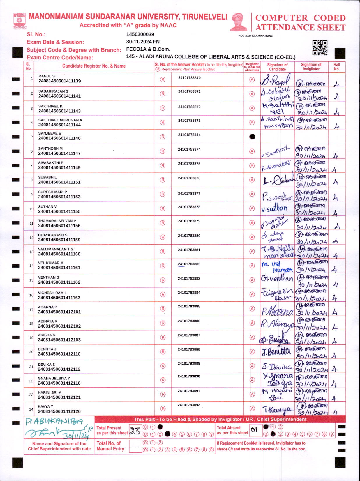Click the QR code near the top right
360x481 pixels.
point(320,48)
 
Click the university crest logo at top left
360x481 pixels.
point(20,20)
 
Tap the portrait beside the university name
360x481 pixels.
point(239,22)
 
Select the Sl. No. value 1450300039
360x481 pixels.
point(140,34)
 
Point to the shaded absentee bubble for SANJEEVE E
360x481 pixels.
point(252,137)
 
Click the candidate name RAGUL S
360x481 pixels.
point(47,76)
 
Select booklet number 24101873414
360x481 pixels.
point(189,135)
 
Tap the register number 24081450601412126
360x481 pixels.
point(59,411)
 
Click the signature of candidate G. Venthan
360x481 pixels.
point(277,279)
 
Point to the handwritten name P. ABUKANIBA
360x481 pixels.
point(54,421)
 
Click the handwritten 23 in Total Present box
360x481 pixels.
point(135,431)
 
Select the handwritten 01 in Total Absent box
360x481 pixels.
point(254,430)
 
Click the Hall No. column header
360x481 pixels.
point(337,67)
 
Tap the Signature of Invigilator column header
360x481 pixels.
point(311,67)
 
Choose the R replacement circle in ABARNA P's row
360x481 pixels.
point(163,309)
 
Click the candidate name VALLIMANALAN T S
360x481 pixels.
point(56,249)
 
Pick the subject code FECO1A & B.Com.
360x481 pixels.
point(148,49)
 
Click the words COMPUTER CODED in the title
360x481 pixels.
point(300,18)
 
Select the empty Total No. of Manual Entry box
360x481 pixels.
point(135,446)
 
